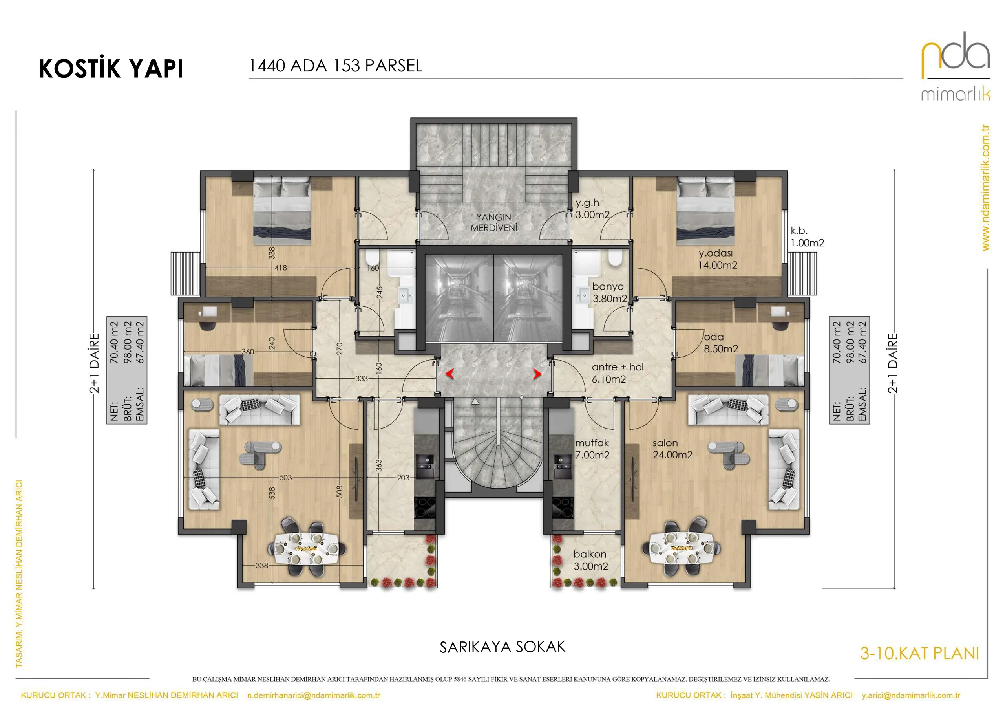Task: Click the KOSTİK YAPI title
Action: tap(111, 68)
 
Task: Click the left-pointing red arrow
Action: tap(450, 374)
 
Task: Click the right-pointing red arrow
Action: tap(537, 374)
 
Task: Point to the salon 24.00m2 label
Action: tap(672, 449)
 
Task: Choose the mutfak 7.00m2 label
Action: tap(592, 449)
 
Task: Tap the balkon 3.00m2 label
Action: tap(590, 560)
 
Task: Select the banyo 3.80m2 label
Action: tap(609, 292)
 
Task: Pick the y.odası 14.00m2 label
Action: tap(717, 259)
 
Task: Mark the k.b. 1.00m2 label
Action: tap(807, 236)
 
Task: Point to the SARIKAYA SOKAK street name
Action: tap(502, 647)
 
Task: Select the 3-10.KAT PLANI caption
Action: tap(919, 654)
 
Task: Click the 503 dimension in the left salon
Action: tap(285, 478)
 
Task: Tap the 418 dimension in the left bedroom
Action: tap(281, 268)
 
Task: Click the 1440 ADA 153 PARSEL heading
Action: tap(336, 66)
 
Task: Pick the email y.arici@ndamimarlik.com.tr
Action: tap(911, 695)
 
